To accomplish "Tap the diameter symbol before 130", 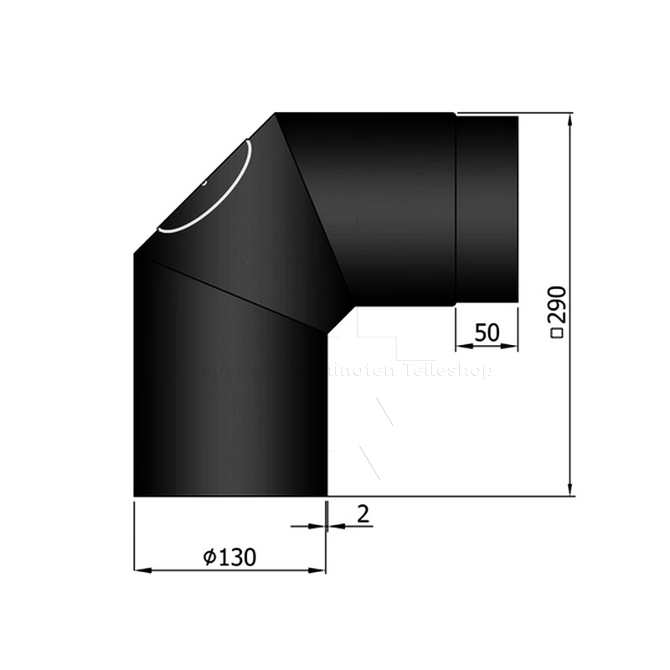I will pos(209,556).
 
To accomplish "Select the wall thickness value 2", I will pos(362,513).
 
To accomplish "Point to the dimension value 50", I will pos(487,332).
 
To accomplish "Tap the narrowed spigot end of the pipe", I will pos(487,209).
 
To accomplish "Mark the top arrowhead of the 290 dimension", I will pos(570,121).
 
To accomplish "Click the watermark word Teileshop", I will pos(449,370).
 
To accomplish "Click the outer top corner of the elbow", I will pos(276,114).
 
